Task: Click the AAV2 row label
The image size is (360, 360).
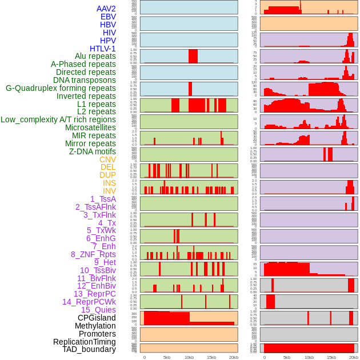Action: (106, 9)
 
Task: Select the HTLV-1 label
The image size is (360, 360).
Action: (103, 49)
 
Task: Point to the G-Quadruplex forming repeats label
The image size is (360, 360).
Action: (61, 88)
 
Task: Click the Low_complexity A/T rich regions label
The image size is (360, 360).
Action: (58, 119)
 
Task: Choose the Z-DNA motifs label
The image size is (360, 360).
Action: (93, 151)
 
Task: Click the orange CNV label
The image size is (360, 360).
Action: (107, 159)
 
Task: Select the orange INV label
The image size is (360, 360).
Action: (109, 191)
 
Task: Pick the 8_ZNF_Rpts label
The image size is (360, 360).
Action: (93, 254)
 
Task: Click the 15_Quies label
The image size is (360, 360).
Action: (98, 310)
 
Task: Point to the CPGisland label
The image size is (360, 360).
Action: (97, 318)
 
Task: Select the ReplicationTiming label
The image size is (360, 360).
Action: (85, 342)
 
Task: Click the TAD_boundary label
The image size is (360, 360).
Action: (89, 349)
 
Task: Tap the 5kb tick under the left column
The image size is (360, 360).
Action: (167, 357)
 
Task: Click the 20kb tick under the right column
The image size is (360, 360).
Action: (354, 357)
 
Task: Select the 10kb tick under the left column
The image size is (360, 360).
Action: (189, 357)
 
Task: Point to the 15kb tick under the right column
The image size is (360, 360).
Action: (331, 357)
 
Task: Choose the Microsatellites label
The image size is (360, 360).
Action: (90, 127)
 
